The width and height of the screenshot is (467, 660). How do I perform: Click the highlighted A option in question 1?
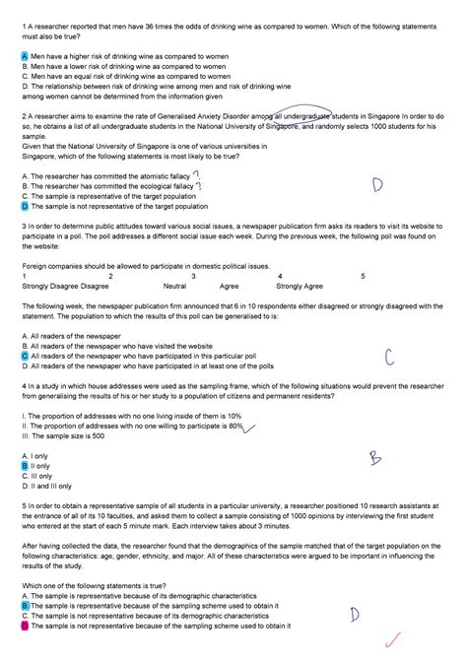tap(24, 57)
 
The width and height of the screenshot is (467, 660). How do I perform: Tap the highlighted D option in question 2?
tap(24, 208)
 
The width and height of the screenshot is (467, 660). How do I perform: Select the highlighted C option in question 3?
tap(24, 356)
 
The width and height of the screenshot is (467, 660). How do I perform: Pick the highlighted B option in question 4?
tap(24, 466)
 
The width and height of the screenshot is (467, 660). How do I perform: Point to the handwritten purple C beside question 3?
tap(389, 357)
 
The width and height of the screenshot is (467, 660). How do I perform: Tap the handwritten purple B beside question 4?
tap(374, 458)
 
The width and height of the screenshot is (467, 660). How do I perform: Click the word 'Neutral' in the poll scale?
tap(174, 286)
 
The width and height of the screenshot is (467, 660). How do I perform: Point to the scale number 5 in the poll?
tap(363, 276)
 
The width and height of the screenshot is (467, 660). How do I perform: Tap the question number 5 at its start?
tap(23, 505)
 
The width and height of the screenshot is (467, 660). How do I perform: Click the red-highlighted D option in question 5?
tap(24, 626)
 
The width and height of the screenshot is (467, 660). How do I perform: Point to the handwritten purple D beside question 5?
tap(353, 615)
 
